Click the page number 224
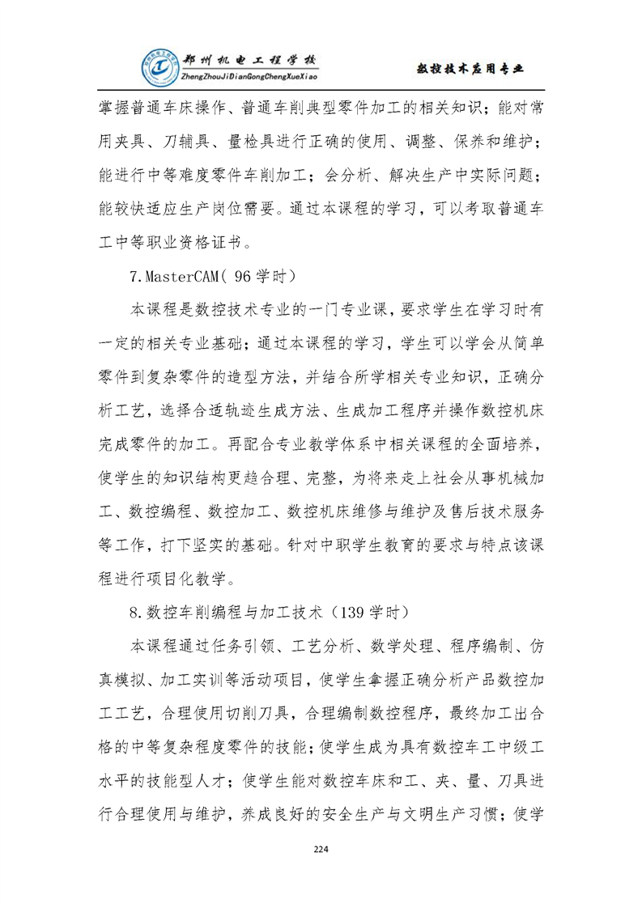[321, 849]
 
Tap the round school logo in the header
[158, 69]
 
